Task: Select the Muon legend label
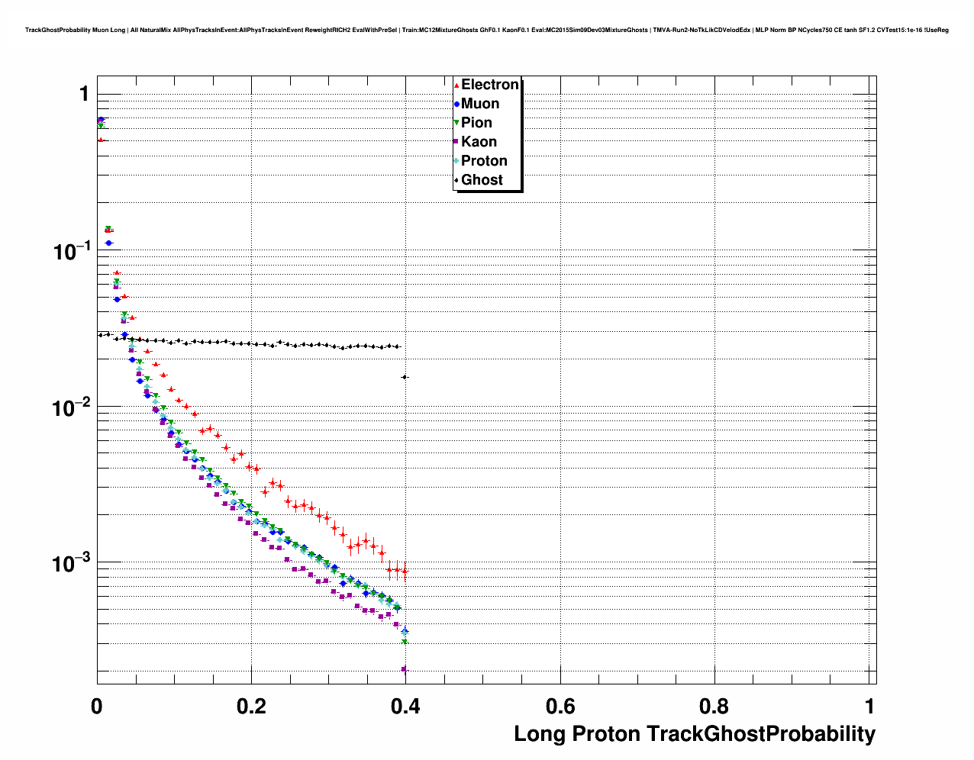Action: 480,104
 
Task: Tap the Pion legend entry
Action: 476,123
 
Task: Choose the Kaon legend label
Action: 479,142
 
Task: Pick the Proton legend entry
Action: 484,161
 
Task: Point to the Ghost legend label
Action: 482,180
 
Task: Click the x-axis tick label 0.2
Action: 251,706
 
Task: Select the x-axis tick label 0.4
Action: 405,706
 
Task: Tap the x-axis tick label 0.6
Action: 560,706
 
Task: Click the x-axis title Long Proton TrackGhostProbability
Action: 694,734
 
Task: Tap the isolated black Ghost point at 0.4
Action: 405,377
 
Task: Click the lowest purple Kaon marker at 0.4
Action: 405,670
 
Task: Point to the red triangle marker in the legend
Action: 456,85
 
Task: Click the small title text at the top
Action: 486,30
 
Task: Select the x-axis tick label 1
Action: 870,706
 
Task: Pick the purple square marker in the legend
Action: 456,142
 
